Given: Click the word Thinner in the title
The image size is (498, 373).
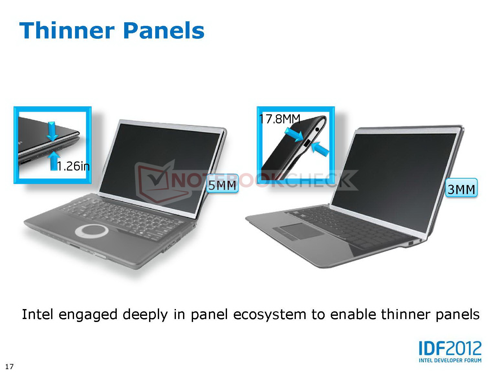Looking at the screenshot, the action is pos(67,30).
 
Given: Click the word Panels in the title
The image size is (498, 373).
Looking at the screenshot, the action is pos(165,30).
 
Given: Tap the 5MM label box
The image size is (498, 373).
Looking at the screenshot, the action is pos(222,183).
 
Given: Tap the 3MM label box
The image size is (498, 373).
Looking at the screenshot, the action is pos(461,188).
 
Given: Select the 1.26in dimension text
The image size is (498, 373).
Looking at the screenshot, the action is pos(73,166).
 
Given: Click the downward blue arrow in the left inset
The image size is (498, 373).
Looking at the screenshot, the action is pos(52,131).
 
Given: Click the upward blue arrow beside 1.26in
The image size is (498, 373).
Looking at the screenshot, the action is pos(54,161).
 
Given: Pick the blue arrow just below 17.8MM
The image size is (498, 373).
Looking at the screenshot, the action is pos(294,135).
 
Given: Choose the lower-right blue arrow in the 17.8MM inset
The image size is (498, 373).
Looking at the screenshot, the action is pos(320,149).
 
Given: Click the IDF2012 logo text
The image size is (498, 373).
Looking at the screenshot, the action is pos(450,348).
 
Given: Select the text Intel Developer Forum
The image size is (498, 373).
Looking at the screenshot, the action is pos(450,360).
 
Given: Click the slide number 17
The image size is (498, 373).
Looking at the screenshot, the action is pos(9,367).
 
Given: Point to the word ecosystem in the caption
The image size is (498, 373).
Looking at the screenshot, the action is pos(270,315).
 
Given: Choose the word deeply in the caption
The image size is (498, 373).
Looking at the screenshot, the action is pos(145,315).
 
